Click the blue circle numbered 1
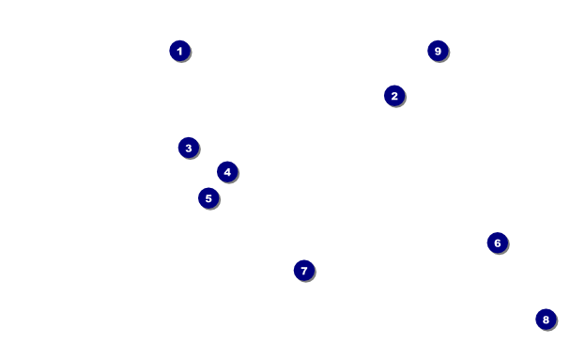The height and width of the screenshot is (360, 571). [180, 51]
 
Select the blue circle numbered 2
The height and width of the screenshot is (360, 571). [394, 96]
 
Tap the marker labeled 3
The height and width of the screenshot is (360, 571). [189, 148]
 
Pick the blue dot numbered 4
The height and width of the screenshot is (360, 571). [227, 172]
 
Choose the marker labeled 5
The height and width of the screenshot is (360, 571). [208, 198]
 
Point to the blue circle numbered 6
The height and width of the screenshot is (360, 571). [498, 243]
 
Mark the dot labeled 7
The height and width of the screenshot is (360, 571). [304, 271]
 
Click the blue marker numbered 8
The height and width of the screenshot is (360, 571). [546, 320]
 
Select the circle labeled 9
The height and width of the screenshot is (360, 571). [438, 51]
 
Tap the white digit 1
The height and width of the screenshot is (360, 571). [179, 52]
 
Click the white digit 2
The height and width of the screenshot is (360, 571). [394, 96]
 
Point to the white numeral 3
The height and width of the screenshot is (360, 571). [189, 149]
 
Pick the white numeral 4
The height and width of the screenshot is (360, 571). [227, 172]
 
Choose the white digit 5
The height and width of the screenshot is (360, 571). [208, 198]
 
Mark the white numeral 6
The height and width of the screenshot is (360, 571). [498, 243]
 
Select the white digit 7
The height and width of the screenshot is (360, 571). [304, 271]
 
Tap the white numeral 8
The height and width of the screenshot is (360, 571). [546, 320]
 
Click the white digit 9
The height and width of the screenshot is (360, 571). [438, 51]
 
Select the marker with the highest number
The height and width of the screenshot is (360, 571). [438, 51]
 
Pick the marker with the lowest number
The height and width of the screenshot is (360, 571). [180, 51]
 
